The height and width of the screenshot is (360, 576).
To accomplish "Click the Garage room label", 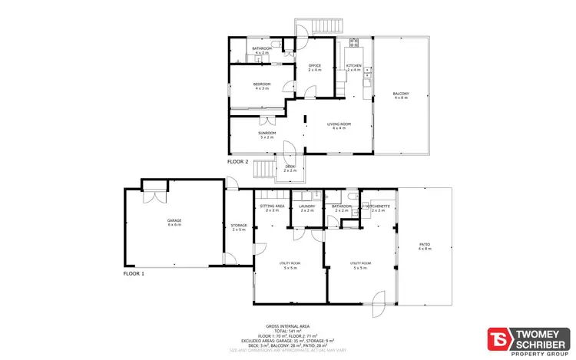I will [x=175, y=221].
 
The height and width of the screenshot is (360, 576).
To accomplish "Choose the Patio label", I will [x=424, y=246].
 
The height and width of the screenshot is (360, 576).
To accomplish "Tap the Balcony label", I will [x=402, y=95].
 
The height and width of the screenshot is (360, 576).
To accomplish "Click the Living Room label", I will [x=339, y=124].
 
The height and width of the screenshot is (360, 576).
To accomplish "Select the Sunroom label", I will [x=267, y=134].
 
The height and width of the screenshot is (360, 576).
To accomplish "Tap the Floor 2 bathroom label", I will [x=263, y=50].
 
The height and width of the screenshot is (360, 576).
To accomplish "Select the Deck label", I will [x=290, y=167].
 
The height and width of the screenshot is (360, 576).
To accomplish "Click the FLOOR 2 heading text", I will [x=238, y=162].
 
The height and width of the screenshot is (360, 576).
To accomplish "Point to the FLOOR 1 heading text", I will [x=134, y=273].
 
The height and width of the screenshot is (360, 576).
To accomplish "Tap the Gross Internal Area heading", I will [x=287, y=325].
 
